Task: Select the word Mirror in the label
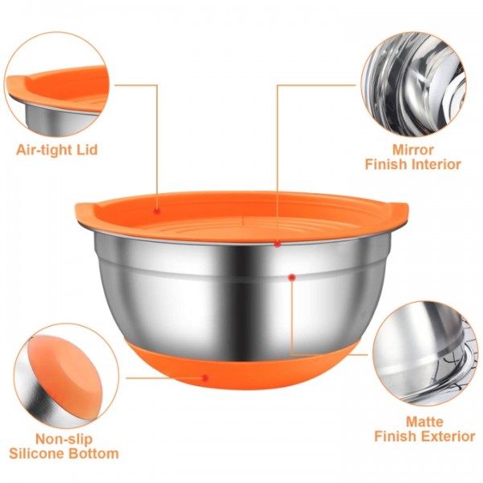413,150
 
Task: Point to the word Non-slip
64,439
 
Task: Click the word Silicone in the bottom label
38,453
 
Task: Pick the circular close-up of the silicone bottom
61,375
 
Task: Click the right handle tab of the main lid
398,211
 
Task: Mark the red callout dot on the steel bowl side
291,276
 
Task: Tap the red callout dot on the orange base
207,376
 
